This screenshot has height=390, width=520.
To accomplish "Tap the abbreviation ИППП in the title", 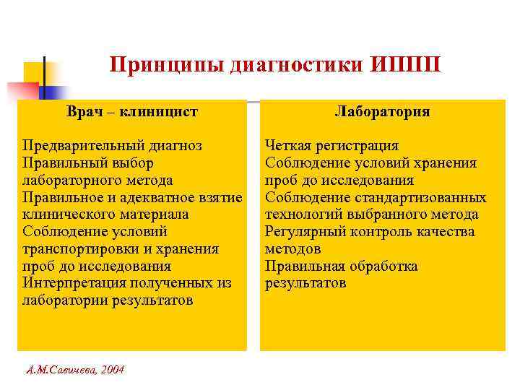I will pos(407,66).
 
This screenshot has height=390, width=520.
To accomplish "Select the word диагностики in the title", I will pos(300,66).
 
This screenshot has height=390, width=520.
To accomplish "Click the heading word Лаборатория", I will pos(383,112).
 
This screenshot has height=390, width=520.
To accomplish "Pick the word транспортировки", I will pos(79,249).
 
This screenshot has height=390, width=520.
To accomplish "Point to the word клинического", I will pos(67,214).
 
